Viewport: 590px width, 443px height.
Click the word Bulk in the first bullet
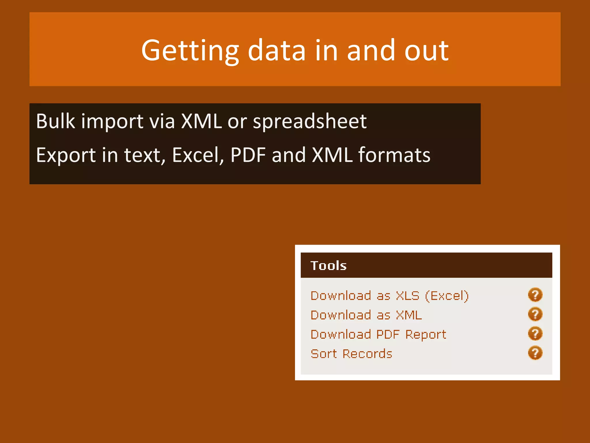pyautogui.click(x=55, y=121)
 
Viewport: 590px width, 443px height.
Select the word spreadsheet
pyautogui.click(x=310, y=121)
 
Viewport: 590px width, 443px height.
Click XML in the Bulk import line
pyautogui.click(x=201, y=121)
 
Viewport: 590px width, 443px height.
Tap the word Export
pyautogui.click(x=66, y=155)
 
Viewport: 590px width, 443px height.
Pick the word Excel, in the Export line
pyautogui.click(x=198, y=155)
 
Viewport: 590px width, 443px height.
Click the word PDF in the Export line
pyautogui.click(x=248, y=155)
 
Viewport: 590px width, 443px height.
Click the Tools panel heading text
pyautogui.click(x=328, y=266)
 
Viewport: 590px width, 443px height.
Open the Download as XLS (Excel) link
pyautogui.click(x=389, y=296)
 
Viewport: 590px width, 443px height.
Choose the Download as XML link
pyautogui.click(x=366, y=315)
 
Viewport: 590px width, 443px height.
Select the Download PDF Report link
pyautogui.click(x=378, y=335)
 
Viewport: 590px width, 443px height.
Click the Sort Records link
pyautogui.click(x=351, y=354)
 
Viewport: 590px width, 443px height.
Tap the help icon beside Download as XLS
pyautogui.click(x=535, y=295)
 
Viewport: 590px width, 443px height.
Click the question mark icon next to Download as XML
pyautogui.click(x=535, y=314)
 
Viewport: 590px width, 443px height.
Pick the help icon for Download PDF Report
pyautogui.click(x=535, y=334)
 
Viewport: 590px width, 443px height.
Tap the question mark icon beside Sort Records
pyautogui.click(x=535, y=353)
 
